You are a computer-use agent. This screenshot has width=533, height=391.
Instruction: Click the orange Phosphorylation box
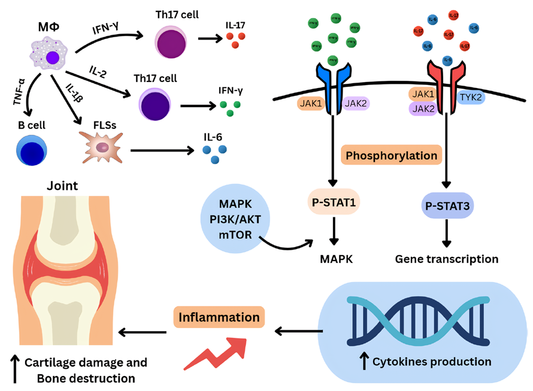pyautogui.click(x=391, y=155)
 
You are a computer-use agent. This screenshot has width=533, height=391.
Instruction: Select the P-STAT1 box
pyautogui.click(x=333, y=202)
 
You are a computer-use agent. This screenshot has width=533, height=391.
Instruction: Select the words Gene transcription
pyautogui.click(x=447, y=259)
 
